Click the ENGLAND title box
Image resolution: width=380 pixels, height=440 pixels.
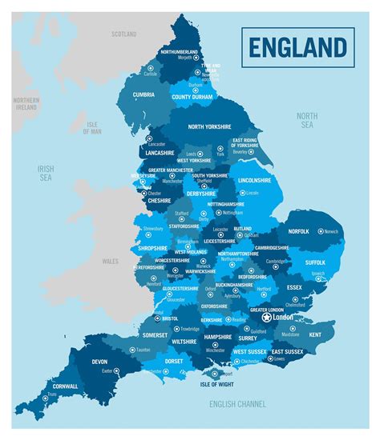[296, 46]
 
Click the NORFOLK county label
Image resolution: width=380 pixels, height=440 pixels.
[300, 232]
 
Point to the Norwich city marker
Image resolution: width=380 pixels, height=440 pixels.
[321, 231]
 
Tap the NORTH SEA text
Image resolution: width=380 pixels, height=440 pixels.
[307, 121]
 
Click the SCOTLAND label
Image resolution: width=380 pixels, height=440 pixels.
[124, 34]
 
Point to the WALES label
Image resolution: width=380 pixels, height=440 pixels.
[110, 261]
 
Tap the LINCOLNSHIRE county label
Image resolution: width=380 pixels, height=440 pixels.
[254, 181]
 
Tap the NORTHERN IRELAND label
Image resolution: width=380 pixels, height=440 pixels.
[26, 104]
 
